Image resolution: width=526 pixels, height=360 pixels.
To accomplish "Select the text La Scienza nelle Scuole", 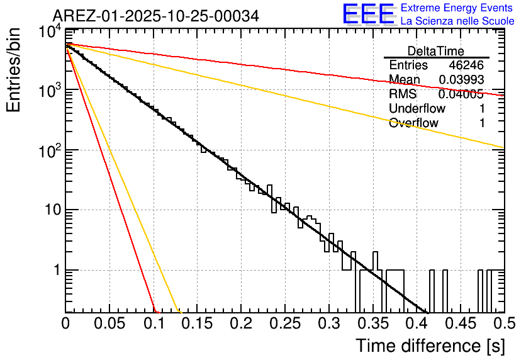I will (x=457, y=21).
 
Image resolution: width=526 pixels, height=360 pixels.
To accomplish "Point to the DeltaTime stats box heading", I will (x=436, y=51).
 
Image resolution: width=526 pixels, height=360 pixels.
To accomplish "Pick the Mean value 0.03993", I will (x=461, y=80).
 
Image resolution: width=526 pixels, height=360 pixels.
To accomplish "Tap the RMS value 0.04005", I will (x=461, y=94).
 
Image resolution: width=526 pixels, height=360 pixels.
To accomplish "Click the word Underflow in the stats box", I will (x=417, y=109).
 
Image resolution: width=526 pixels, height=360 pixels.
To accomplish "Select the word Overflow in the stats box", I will (x=413, y=123).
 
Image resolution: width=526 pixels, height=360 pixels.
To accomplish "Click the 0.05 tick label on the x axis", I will (x=109, y=324).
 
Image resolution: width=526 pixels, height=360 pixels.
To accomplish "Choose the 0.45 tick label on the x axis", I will (x=460, y=324).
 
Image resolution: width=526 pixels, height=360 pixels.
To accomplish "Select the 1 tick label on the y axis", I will (x=55, y=271).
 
